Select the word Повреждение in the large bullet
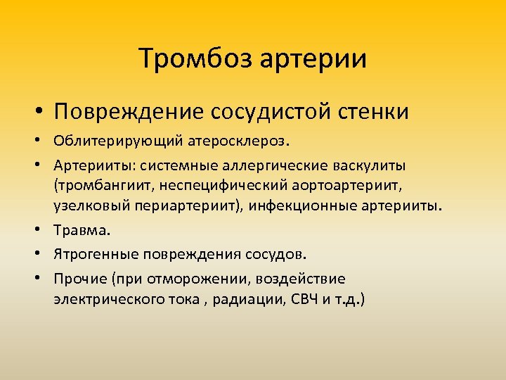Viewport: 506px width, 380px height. click(127, 111)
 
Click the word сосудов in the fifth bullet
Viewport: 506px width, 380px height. click(280, 253)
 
